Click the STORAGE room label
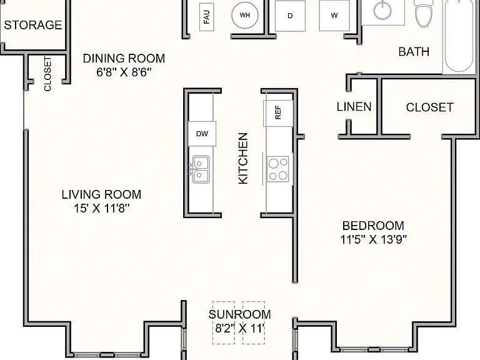tap(33, 25)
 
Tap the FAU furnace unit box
tap(207, 17)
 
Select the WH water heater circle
tap(245, 15)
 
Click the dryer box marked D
tap(290, 16)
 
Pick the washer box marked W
tap(334, 15)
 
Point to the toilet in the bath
tap(424, 13)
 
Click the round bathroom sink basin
tap(382, 9)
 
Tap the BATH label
tap(414, 51)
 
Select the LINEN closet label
tap(354, 106)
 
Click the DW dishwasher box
tap(202, 134)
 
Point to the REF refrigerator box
tap(278, 112)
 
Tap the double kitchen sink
tap(201, 169)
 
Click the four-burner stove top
tap(277, 169)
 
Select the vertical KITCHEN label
tap(243, 158)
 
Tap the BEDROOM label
tap(373, 226)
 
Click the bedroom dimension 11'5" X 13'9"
tap(374, 239)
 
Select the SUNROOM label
tap(240, 314)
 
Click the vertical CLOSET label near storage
tap(47, 74)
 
